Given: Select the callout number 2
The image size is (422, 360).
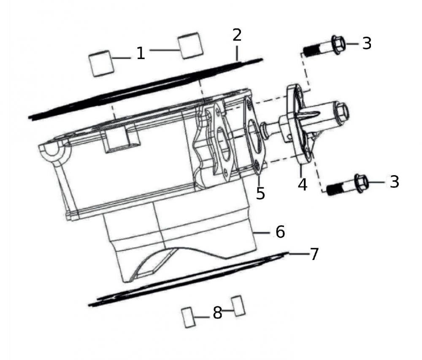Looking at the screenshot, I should point(237,35).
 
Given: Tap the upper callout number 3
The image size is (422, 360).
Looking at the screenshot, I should point(367,43).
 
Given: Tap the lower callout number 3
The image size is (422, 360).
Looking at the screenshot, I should point(394,182).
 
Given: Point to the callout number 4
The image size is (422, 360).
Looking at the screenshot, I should point(303,184).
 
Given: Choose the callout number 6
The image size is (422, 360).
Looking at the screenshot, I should point(280,231).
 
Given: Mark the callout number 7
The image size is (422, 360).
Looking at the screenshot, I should point(314,254).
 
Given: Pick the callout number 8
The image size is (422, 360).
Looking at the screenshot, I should point(217,313).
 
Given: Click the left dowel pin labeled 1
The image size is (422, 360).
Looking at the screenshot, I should point(101,63).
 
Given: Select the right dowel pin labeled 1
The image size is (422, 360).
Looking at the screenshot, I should point(191,45).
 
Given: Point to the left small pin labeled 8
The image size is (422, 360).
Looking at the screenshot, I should point(188,317).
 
